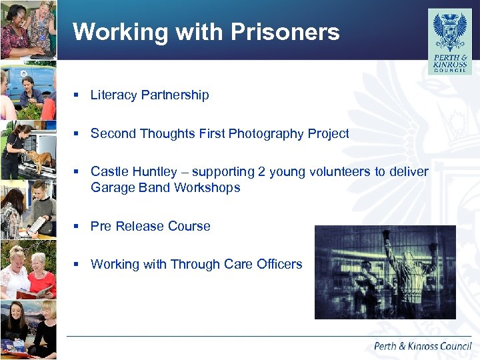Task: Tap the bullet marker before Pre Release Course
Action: pos(77,227)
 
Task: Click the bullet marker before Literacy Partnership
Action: pos(77,95)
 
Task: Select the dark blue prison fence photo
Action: pos(385,271)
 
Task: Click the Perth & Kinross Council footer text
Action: pos(422,346)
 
